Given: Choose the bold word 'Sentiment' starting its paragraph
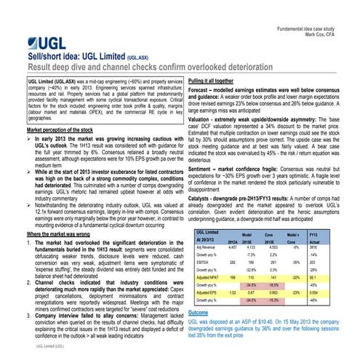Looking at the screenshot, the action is [203, 168].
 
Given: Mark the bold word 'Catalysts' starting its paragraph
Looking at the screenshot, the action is [202, 198].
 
